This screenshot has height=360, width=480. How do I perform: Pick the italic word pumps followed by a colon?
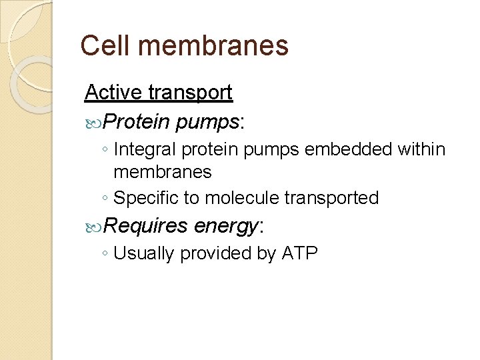(207, 121)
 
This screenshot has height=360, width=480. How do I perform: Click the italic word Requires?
(146, 226)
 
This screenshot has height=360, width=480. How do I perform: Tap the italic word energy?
(225, 227)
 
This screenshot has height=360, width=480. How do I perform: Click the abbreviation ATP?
(300, 253)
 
